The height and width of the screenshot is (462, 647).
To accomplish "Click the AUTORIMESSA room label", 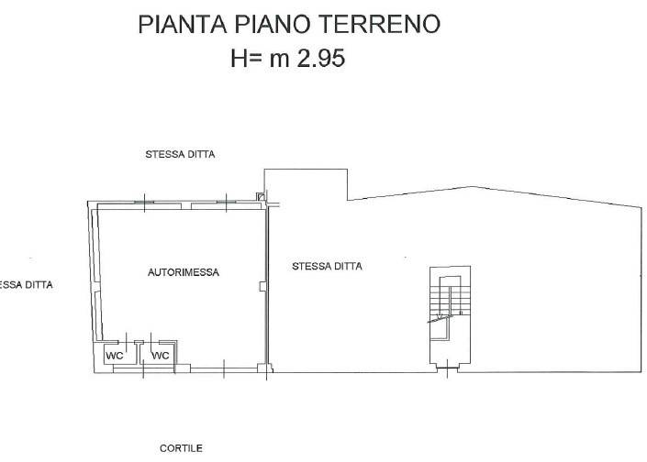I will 184,272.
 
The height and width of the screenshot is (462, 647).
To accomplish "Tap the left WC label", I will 115,355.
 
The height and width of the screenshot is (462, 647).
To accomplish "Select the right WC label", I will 161,355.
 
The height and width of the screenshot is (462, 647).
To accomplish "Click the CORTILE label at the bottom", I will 181,448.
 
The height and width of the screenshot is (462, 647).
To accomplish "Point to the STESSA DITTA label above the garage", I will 180,155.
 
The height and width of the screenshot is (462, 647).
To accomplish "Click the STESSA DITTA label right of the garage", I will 327,267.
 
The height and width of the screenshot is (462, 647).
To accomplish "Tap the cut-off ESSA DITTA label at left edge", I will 26,285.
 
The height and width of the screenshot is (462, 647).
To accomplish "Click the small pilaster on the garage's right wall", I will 263,288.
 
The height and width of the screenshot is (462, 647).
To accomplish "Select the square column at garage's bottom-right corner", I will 263,370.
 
